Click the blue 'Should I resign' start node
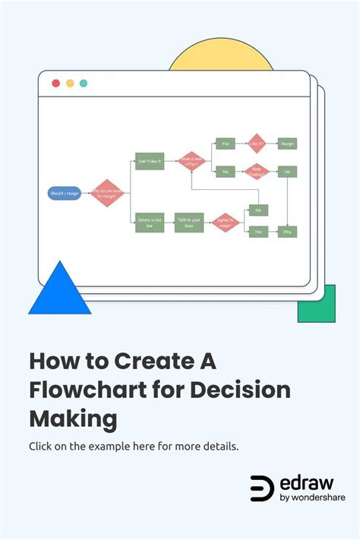click(64, 194)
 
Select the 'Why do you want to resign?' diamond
click(107, 194)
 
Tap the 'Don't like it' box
click(150, 161)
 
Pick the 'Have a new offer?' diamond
click(191, 161)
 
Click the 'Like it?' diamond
click(257, 143)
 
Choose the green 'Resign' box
click(287, 143)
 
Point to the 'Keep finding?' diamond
click(257, 172)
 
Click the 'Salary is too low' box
click(150, 223)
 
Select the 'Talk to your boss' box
click(189, 223)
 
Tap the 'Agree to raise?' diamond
click(226, 223)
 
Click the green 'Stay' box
click(287, 232)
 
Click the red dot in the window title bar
click(55, 84)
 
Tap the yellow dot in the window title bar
click(70, 84)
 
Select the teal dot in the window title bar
click(84, 84)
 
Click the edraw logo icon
click(262, 489)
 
